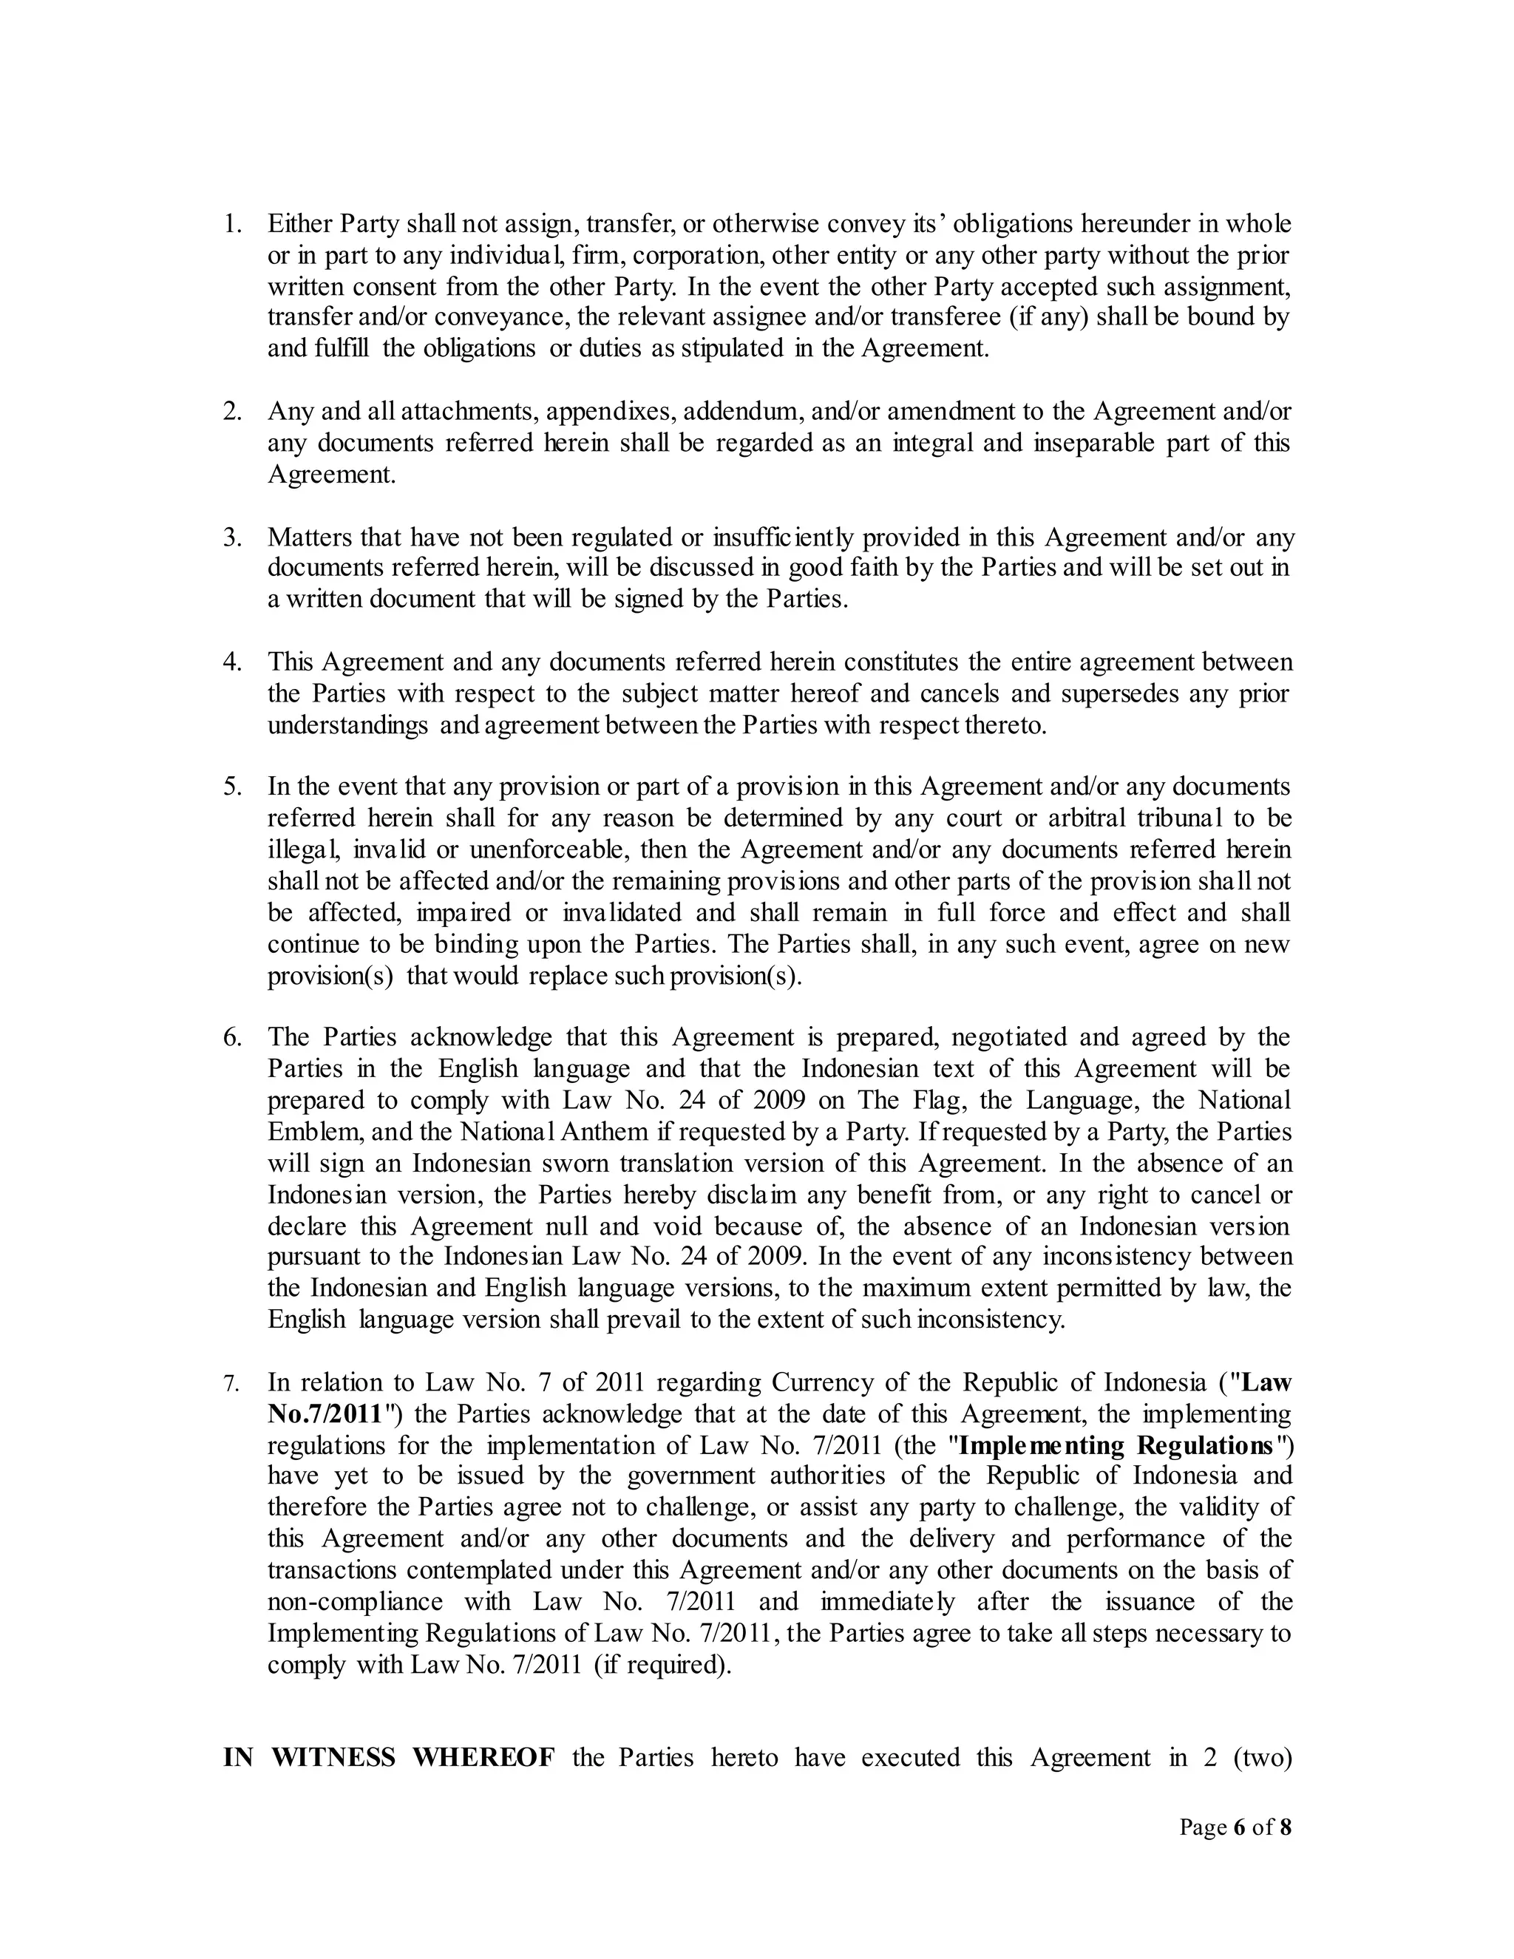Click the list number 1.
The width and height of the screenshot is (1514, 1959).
(x=232, y=223)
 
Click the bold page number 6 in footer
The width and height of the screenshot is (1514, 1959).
(x=1240, y=1827)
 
